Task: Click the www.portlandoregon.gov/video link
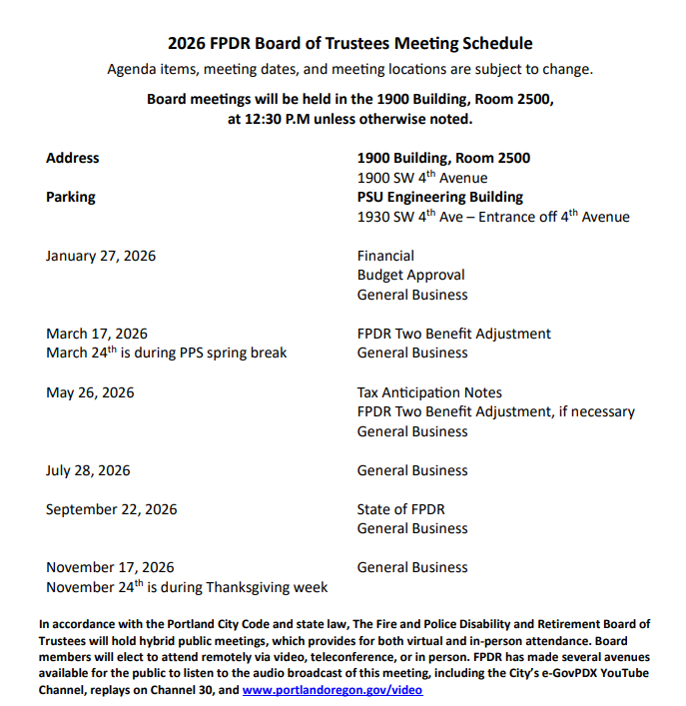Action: [x=333, y=690]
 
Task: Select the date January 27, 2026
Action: [x=101, y=256]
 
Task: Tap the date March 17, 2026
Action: [x=97, y=334]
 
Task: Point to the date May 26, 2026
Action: [x=90, y=392]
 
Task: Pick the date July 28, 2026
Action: [x=88, y=470]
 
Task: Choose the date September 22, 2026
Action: [x=112, y=509]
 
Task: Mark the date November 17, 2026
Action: [x=110, y=567]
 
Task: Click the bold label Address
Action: [x=73, y=158]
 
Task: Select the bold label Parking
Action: [x=71, y=197]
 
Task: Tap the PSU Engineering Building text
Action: [x=440, y=197]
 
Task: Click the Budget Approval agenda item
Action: [x=410, y=275]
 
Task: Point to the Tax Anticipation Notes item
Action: [x=429, y=392]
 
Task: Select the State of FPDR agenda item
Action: [x=401, y=509]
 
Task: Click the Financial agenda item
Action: [x=385, y=256]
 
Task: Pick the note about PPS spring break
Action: [x=167, y=353]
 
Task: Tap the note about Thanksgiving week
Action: [x=187, y=587]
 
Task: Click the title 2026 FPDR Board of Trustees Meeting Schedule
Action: [x=349, y=44]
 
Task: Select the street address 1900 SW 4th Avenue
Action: [x=422, y=178]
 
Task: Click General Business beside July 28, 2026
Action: [x=412, y=470]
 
